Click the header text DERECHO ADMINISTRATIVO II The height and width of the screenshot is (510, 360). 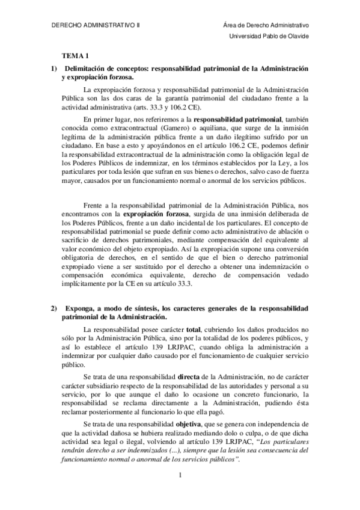click(94, 26)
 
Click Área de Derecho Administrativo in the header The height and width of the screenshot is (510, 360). click(265, 26)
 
